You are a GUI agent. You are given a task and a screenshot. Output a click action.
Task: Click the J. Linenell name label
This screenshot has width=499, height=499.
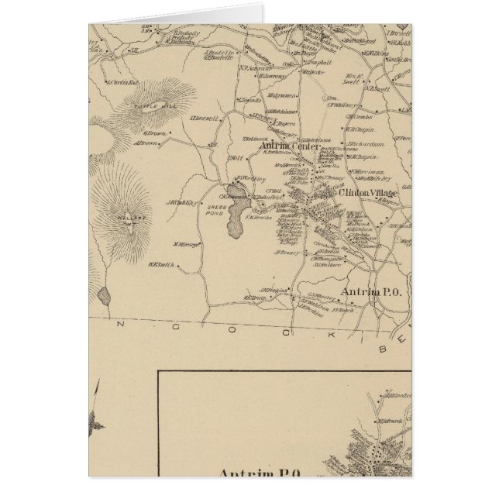click(205, 119)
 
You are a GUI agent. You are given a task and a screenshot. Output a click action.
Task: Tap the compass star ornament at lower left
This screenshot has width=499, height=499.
click(97, 423)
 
